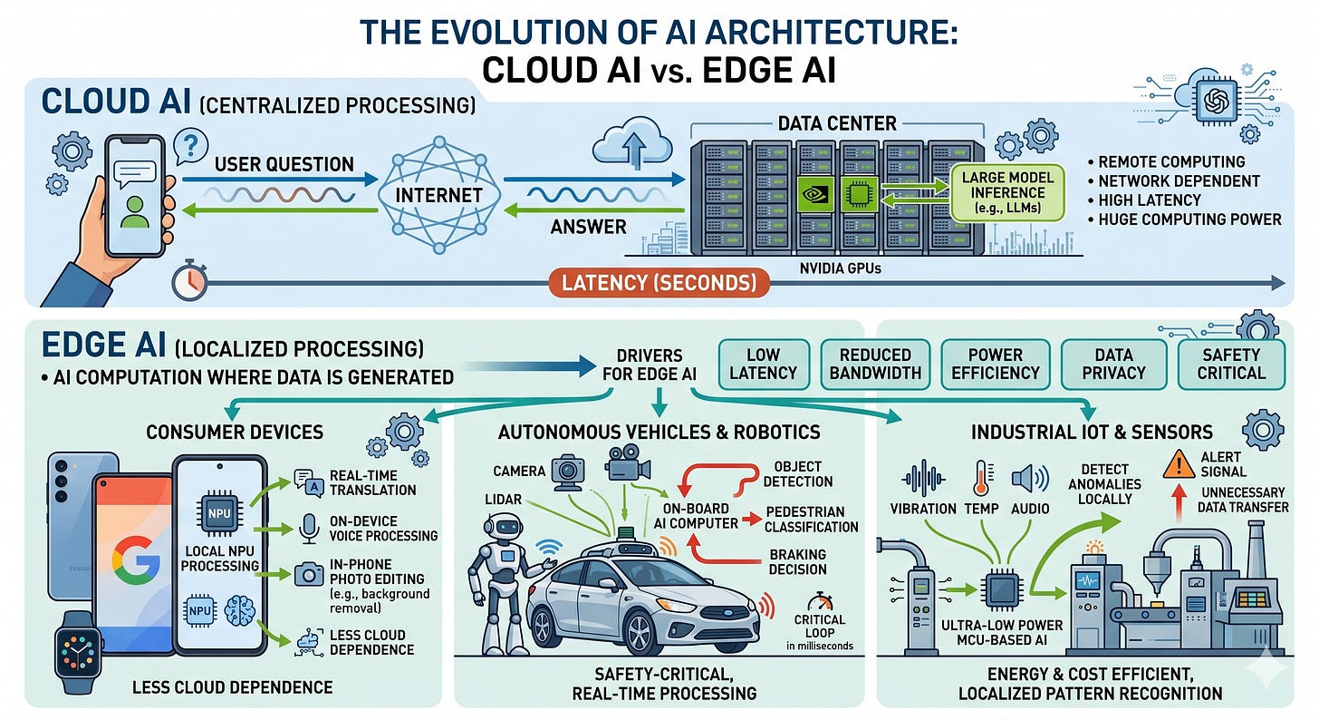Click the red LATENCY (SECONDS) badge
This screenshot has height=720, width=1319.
(659, 283)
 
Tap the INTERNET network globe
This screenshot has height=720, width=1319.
(438, 194)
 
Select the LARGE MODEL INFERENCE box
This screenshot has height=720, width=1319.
(1007, 192)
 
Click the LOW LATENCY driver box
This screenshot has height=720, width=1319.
(764, 365)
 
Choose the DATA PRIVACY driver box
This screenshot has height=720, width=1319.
(1113, 365)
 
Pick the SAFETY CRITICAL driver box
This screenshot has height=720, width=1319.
(1231, 365)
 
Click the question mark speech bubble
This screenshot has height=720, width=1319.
(191, 146)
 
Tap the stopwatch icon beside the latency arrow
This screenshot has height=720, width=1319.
(189, 280)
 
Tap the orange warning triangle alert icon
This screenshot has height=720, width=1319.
(1179, 464)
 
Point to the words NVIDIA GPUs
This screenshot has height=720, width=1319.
(841, 268)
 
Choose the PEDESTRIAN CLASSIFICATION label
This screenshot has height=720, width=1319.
(811, 519)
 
